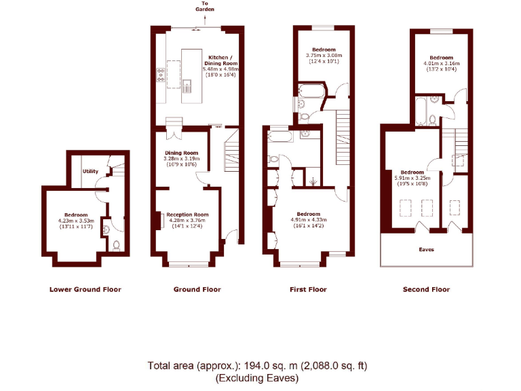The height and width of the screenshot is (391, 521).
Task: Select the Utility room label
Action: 90,172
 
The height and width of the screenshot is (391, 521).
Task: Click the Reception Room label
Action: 187,215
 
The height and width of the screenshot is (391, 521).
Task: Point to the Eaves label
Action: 427,249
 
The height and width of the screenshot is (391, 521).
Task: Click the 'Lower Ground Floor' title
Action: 85,289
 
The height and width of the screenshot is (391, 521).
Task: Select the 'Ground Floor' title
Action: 197,289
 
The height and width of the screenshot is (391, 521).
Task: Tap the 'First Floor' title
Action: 309,289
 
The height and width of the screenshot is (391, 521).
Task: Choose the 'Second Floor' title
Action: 426,289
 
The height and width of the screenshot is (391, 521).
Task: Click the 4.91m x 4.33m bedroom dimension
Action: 309,220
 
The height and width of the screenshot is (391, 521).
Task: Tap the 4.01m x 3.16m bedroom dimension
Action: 441,64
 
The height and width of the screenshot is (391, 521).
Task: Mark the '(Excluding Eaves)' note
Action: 256,378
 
